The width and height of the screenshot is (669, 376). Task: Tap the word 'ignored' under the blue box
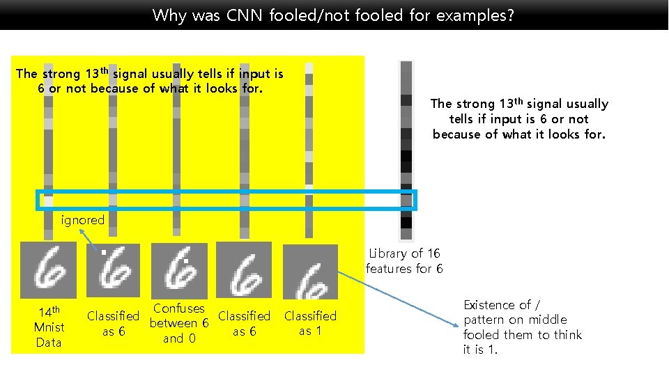coord(83,220)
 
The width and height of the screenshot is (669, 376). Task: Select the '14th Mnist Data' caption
coord(49,327)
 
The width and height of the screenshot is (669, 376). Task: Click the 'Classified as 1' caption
coord(310,323)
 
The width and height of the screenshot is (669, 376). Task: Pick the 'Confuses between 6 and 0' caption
coord(179,323)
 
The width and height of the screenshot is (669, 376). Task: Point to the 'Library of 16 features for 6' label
coord(404,261)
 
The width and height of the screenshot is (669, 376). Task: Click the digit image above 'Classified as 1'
coord(310,271)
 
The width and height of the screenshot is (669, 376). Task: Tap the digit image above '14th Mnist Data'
coord(49,269)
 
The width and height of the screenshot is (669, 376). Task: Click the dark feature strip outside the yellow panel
coord(406,150)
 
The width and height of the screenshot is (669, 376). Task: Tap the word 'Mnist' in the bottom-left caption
coord(49,327)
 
